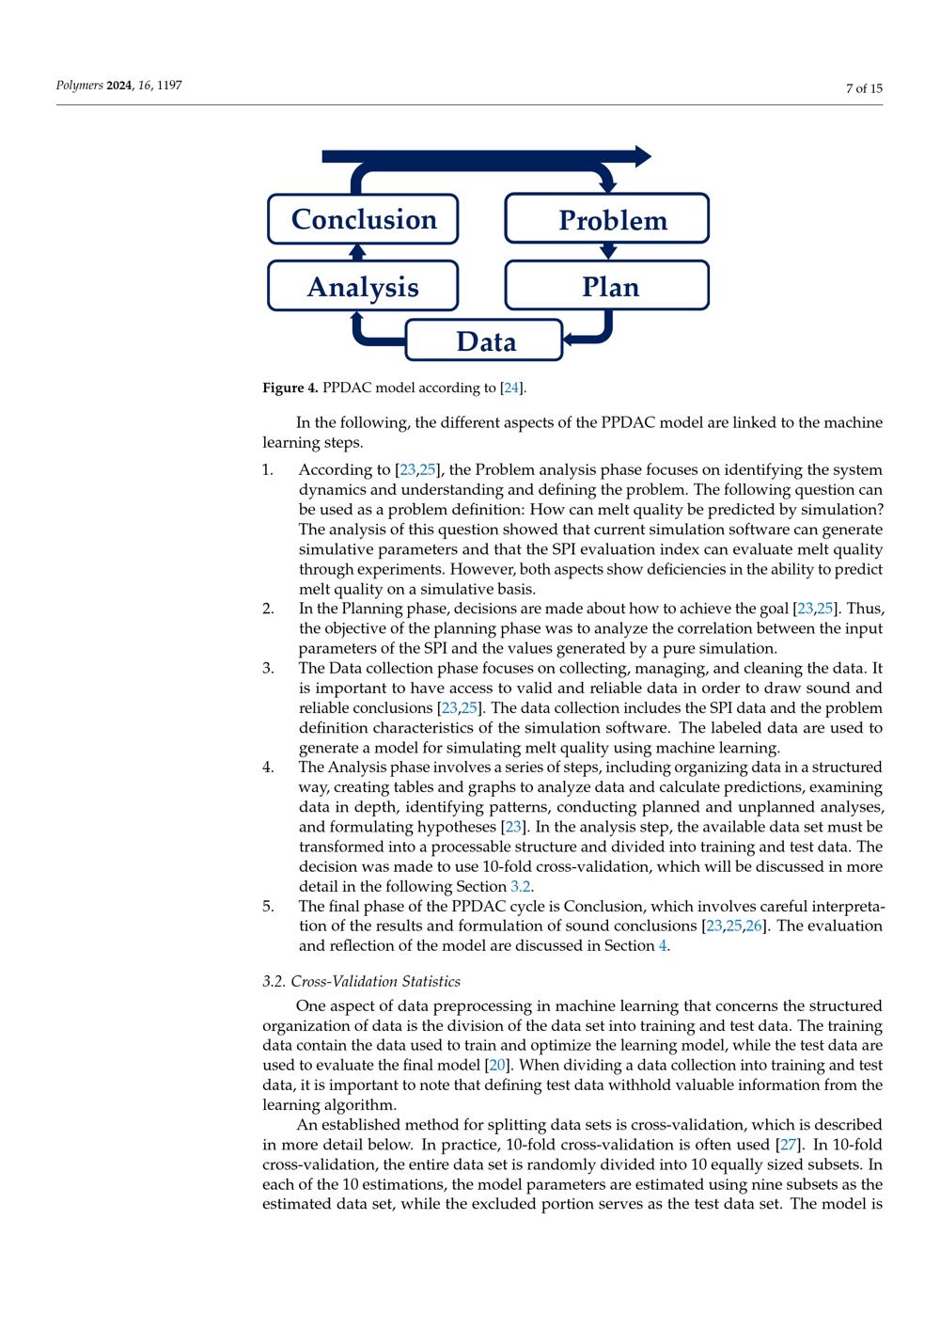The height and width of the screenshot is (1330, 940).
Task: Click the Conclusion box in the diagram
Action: click(x=363, y=219)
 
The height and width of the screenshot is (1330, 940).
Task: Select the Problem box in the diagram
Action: click(x=607, y=219)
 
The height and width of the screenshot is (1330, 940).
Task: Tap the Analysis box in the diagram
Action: click(x=363, y=286)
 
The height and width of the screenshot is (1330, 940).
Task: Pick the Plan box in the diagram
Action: click(x=607, y=286)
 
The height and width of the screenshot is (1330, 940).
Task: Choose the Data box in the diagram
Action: click(x=484, y=340)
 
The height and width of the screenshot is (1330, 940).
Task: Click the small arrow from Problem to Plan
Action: click(x=608, y=251)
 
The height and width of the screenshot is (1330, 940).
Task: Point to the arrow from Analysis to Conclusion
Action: click(x=356, y=251)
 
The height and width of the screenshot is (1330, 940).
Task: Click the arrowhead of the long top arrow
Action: click(x=642, y=156)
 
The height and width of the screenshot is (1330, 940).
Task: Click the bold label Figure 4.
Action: click(x=290, y=388)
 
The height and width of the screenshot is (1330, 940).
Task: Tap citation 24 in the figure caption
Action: click(x=511, y=388)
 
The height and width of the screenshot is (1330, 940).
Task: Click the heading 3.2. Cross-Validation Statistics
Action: click(x=361, y=982)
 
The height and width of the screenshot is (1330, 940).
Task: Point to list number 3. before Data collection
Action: click(x=268, y=668)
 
